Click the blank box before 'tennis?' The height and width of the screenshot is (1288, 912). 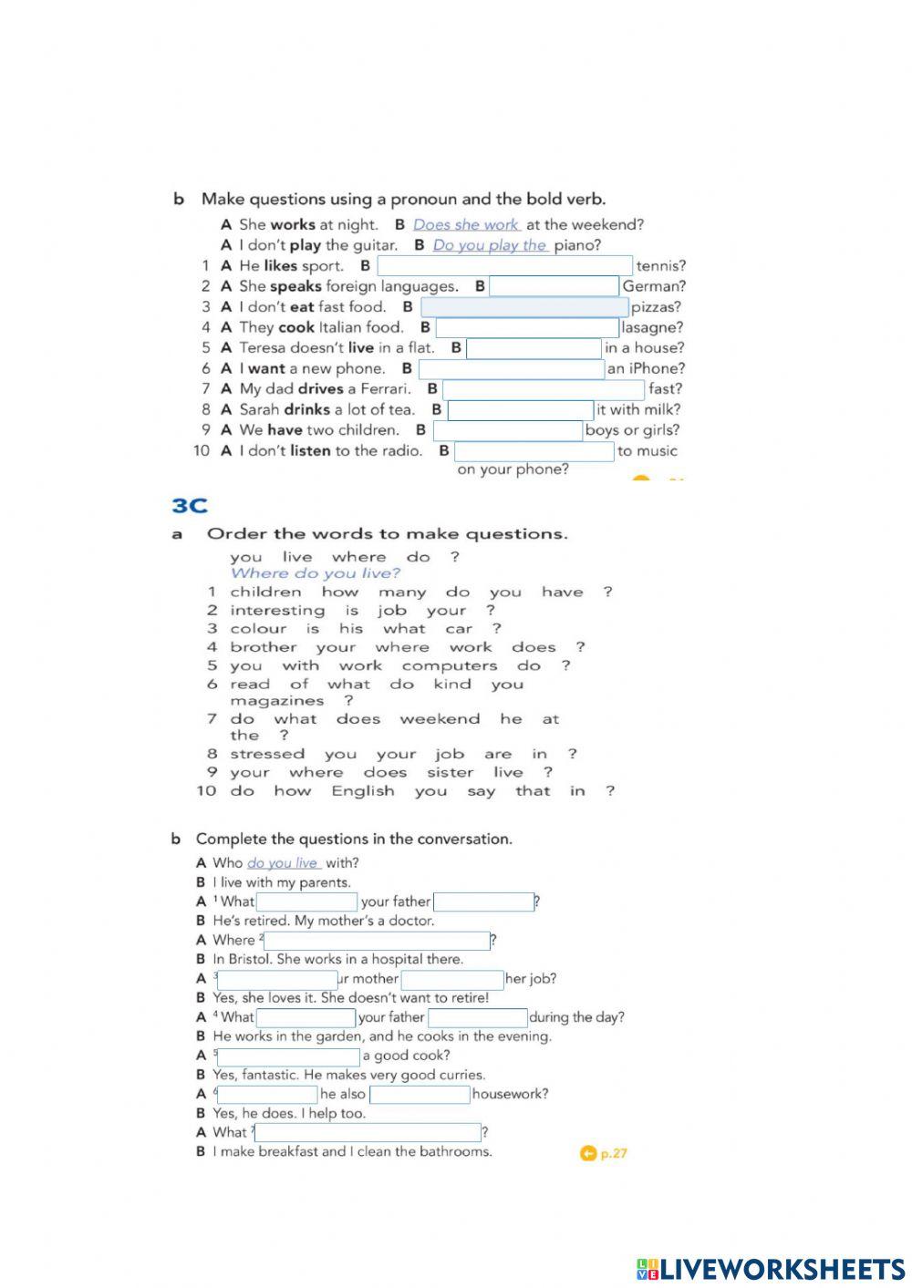pyautogui.click(x=504, y=266)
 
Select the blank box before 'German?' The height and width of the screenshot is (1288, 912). pyautogui.click(x=554, y=286)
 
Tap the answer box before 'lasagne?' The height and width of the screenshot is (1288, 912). pyautogui.click(x=527, y=327)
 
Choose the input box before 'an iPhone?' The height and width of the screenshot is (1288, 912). pyautogui.click(x=511, y=368)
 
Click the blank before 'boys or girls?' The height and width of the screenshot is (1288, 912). pyautogui.click(x=507, y=430)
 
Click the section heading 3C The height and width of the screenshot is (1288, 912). pyautogui.click(x=190, y=506)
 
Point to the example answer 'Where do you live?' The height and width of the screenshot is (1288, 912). pyautogui.click(x=315, y=573)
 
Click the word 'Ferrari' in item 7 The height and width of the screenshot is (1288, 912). pyautogui.click(x=385, y=389)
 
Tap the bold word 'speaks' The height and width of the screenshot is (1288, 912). pyautogui.click(x=295, y=286)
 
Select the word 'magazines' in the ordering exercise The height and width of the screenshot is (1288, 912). pyautogui.click(x=276, y=701)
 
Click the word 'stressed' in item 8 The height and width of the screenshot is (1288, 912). pyautogui.click(x=267, y=754)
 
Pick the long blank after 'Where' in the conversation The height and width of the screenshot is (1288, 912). pyautogui.click(x=377, y=941)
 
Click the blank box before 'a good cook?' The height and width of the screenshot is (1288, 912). pyautogui.click(x=288, y=1056)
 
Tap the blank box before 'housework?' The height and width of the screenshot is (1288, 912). pyautogui.click(x=420, y=1095)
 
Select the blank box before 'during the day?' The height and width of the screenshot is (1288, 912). pyautogui.click(x=478, y=1017)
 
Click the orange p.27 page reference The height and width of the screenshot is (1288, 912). pyautogui.click(x=604, y=1154)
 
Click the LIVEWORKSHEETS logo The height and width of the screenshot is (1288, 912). pyautogui.click(x=771, y=1269)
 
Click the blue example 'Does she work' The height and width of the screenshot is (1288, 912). pyautogui.click(x=466, y=224)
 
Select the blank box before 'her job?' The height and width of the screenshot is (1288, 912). pyautogui.click(x=452, y=979)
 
